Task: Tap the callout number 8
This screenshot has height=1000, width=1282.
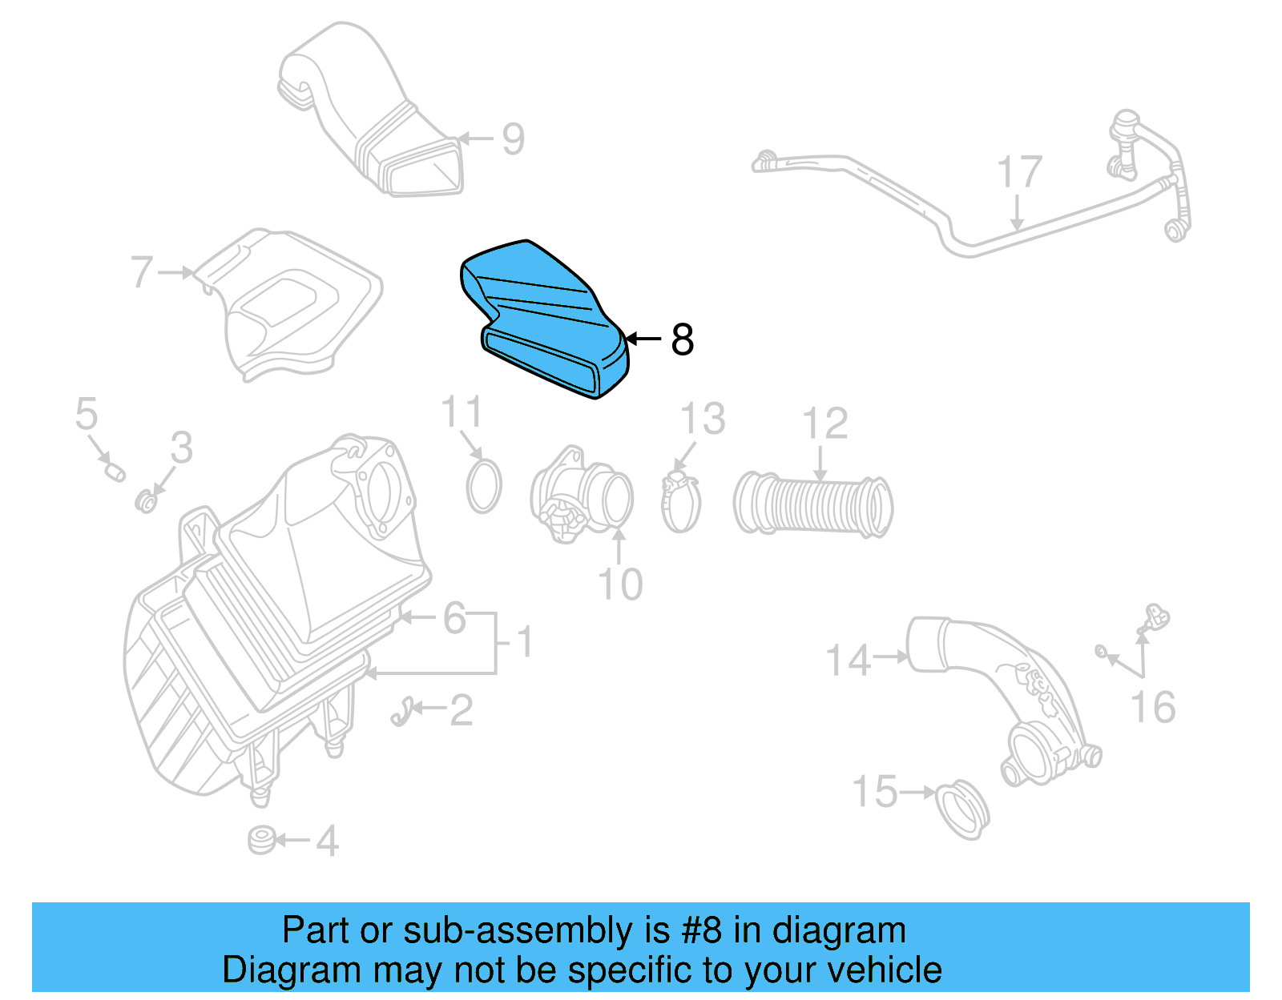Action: click(x=682, y=339)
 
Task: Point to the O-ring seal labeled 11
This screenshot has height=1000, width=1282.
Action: click(x=484, y=486)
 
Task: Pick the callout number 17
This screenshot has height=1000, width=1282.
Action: click(x=1019, y=173)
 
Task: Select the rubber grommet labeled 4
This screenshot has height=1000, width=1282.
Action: click(x=262, y=840)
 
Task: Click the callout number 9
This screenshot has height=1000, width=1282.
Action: click(x=513, y=139)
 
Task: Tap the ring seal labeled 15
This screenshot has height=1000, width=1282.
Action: click(x=962, y=808)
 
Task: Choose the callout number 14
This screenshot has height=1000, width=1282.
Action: click(x=848, y=661)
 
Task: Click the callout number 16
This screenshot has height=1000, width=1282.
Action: click(x=1153, y=708)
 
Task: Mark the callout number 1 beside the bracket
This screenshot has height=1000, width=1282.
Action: click(x=524, y=643)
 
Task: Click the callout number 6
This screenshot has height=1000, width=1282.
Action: click(x=455, y=618)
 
